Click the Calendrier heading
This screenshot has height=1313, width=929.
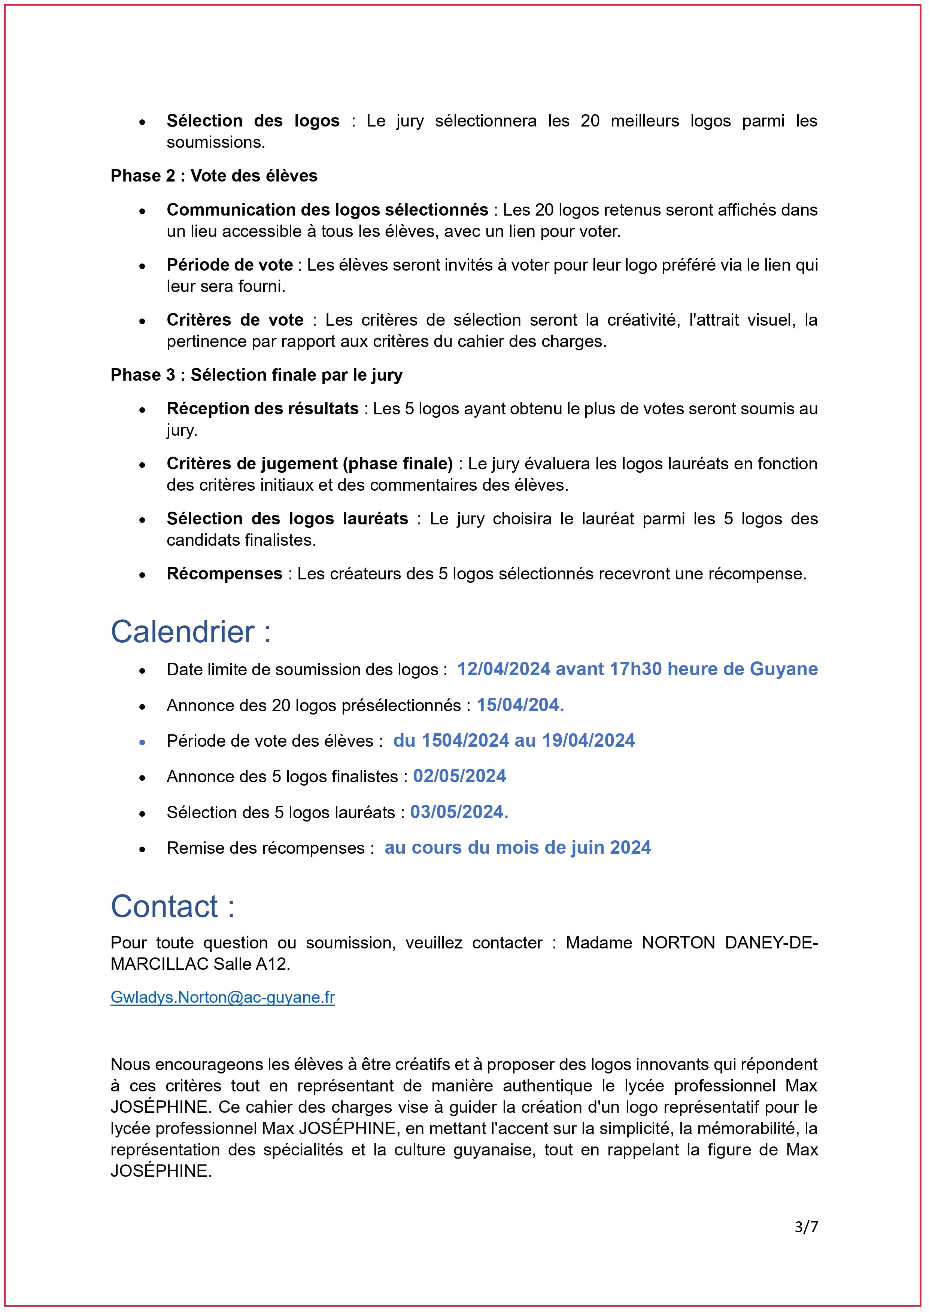(191, 632)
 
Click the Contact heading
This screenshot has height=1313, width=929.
(172, 907)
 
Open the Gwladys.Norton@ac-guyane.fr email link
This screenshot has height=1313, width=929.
(222, 997)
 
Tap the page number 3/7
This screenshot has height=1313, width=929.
(806, 1227)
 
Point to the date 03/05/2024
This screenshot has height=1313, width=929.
(459, 812)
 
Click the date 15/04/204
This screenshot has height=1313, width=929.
(520, 705)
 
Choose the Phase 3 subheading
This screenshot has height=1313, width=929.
(256, 375)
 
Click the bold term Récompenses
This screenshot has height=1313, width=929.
(224, 573)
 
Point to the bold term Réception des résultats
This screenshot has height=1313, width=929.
(262, 408)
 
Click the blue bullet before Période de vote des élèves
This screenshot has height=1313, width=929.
(142, 742)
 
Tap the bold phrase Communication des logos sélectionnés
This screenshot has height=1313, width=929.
(327, 210)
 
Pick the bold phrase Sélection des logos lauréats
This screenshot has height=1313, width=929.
(287, 519)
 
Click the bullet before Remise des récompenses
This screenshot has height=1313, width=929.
(142, 849)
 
